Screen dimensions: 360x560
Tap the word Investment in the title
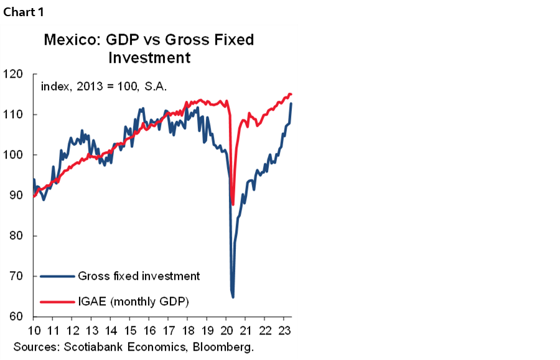pyautogui.click(x=149, y=58)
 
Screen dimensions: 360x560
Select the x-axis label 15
pyautogui.click(x=129, y=330)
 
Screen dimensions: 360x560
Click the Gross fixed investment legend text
pyautogui.click(x=139, y=276)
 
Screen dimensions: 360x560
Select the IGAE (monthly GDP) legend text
pyautogui.click(x=133, y=302)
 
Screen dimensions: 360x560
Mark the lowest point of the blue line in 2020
pyautogui.click(x=233, y=297)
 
